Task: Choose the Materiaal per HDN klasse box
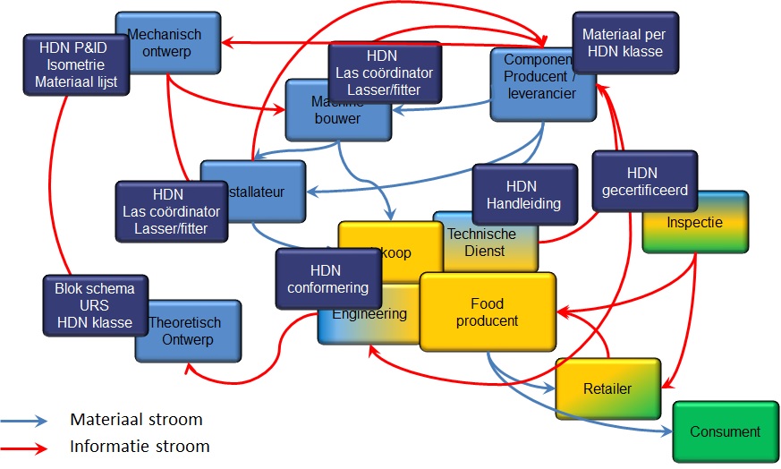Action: [x=623, y=43]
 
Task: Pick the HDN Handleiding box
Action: [x=524, y=194]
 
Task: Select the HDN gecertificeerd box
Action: [x=644, y=182]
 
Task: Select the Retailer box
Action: [x=607, y=388]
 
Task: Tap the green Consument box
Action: [x=725, y=431]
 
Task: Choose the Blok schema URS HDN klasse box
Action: [x=95, y=305]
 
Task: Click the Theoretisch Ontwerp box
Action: [x=188, y=331]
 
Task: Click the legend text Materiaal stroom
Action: [x=136, y=419]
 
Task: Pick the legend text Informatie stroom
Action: [x=140, y=445]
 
